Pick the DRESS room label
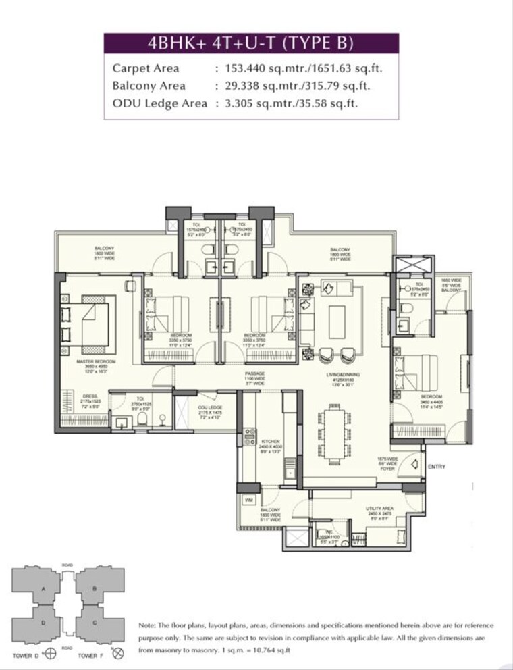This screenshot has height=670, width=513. coord(90,396)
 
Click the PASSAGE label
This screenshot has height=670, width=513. coord(254,373)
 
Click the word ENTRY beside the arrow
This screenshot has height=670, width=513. coord(437,467)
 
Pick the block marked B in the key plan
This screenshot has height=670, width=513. coord(94,588)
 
